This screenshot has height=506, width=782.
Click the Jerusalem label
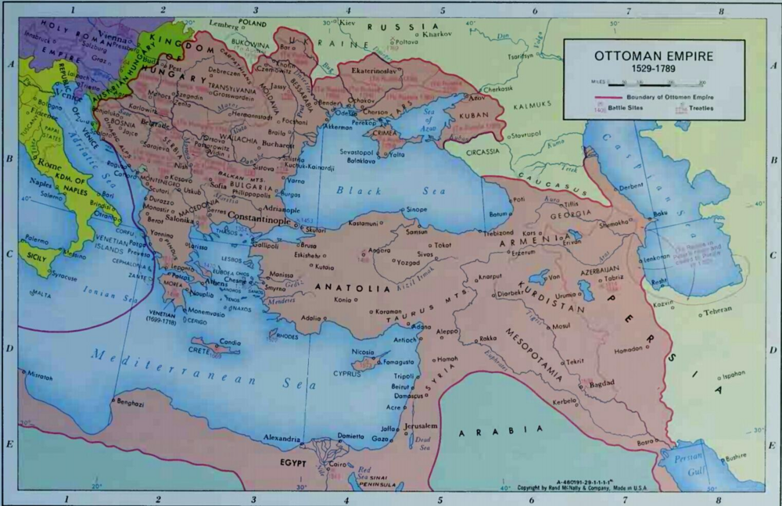421,426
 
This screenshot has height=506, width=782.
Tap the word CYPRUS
350,374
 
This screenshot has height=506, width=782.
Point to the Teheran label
715,310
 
